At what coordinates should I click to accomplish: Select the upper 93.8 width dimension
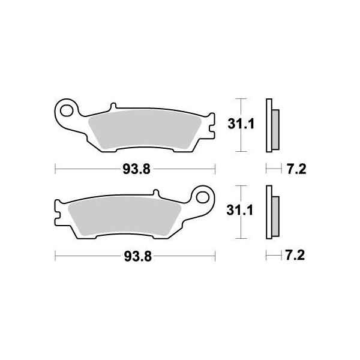pyautogui.click(x=136, y=170)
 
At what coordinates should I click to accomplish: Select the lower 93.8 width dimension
pyautogui.click(x=136, y=256)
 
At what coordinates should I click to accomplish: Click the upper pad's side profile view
pyautogui.click(x=272, y=124)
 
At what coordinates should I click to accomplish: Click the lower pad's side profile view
pyautogui.click(x=272, y=211)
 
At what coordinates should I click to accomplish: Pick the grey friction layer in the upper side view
pyautogui.click(x=275, y=124)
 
